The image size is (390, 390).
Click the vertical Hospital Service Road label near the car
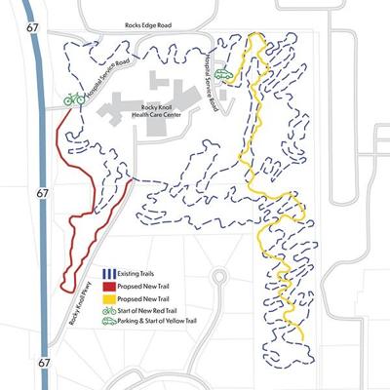coord(209,72)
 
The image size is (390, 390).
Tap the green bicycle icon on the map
coord(73,98)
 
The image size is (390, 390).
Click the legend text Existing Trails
coord(132,274)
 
